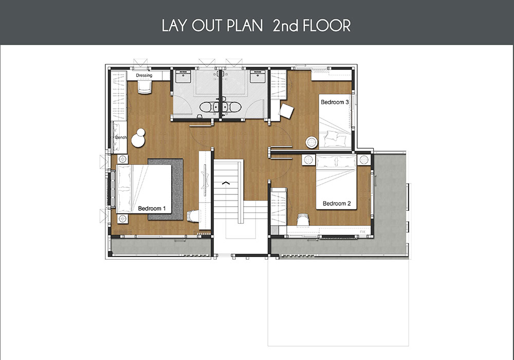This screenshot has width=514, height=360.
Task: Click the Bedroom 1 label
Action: pyautogui.click(x=152, y=208)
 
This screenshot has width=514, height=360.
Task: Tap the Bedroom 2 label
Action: pyautogui.click(x=337, y=204)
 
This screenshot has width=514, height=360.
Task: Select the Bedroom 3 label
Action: pyautogui.click(x=335, y=102)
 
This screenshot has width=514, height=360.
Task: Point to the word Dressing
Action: pyautogui.click(x=144, y=76)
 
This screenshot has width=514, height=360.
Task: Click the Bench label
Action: pyautogui.click(x=121, y=137)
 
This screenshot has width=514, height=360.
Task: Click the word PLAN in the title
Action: pyautogui.click(x=245, y=26)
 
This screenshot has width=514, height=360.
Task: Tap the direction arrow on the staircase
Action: pyautogui.click(x=226, y=183)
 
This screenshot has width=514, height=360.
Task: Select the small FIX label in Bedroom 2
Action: pyautogui.click(x=362, y=232)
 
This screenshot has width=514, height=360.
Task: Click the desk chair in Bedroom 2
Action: pyautogui.click(x=303, y=220)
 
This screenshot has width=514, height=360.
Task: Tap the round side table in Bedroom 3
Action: pyautogui.click(x=311, y=142)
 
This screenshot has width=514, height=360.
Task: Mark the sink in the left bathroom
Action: pyautogui.click(x=182, y=77)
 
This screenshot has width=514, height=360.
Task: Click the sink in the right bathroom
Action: pyautogui.click(x=258, y=77)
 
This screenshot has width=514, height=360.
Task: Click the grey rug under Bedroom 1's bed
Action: pyautogui.click(x=166, y=189)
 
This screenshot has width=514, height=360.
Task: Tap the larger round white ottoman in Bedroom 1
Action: pyautogui.click(x=138, y=140)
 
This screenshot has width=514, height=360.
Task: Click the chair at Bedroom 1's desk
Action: pyautogui.click(x=193, y=216)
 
